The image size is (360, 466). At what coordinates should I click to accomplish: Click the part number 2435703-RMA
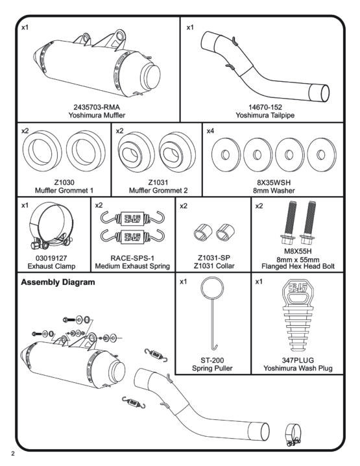(x=97, y=107)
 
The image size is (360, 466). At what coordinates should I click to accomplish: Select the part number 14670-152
(x=265, y=107)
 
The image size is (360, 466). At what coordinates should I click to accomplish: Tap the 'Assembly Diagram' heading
(x=58, y=282)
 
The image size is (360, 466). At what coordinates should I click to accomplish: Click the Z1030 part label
(x=64, y=182)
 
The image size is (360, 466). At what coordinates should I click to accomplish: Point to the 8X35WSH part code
(x=274, y=182)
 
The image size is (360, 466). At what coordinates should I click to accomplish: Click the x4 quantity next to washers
(x=210, y=130)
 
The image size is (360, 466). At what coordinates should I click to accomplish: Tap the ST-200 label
(x=212, y=360)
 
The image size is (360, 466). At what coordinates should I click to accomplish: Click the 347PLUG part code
(x=298, y=360)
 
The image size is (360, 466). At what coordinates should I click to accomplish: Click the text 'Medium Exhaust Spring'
(x=132, y=266)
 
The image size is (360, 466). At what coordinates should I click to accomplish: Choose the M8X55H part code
(x=298, y=251)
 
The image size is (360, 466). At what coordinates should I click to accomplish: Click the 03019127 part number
(x=51, y=258)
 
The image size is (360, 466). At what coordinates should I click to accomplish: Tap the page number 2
(x=12, y=454)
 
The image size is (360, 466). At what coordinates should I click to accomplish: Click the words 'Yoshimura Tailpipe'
(x=265, y=115)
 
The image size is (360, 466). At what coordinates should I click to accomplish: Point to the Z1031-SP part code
(x=214, y=258)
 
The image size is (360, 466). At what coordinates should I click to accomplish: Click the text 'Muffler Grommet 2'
(x=158, y=190)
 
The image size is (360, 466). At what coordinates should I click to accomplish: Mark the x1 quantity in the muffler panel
(x=25, y=27)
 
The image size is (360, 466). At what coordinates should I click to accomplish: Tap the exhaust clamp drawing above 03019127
(x=51, y=226)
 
